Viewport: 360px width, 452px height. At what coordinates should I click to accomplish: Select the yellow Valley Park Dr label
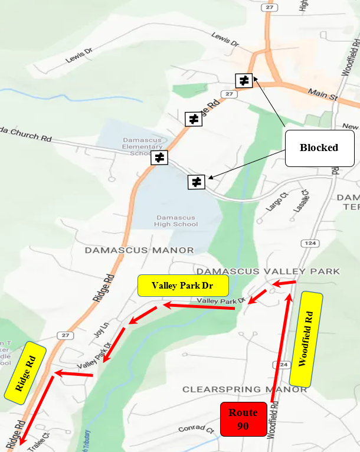(183, 286)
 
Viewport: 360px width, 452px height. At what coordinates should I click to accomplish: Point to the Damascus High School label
(169, 220)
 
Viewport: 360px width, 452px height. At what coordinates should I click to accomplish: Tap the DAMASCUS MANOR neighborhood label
(139, 250)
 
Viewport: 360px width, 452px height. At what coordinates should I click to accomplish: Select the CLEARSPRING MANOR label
(237, 389)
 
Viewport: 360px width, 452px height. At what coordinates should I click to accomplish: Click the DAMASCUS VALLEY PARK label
(269, 271)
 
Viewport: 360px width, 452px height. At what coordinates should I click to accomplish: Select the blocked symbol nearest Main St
(244, 80)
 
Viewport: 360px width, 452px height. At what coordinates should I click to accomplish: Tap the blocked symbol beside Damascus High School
(197, 182)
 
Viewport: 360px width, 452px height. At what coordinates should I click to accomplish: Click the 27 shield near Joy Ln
(63, 335)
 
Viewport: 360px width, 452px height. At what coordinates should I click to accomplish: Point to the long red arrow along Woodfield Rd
(282, 348)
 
